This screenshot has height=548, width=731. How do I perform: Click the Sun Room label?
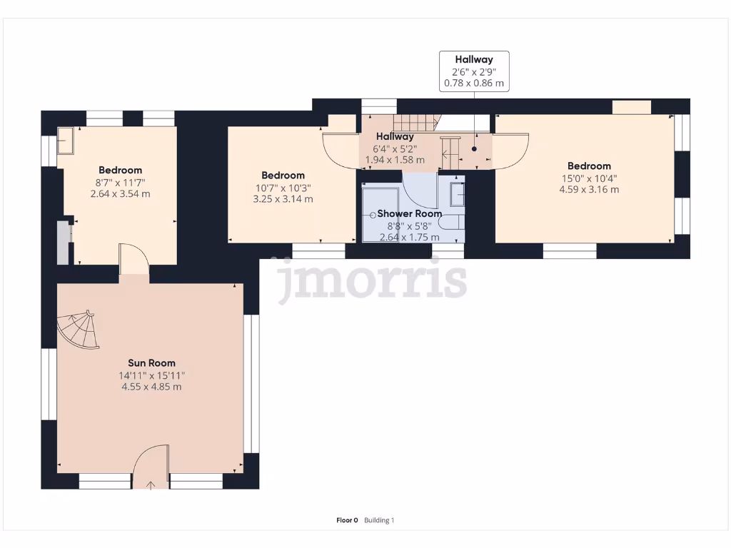click(151, 362)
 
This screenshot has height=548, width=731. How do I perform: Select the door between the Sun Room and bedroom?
click(133, 259)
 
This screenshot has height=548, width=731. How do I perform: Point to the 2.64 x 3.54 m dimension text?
click(120, 193)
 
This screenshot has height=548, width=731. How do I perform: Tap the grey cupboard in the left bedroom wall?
click(63, 243)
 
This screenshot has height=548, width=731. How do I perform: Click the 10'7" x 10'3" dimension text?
click(283, 188)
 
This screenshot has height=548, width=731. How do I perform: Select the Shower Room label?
click(410, 213)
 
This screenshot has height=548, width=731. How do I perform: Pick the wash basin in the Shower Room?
click(457, 193)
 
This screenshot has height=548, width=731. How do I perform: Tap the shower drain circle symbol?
click(373, 214)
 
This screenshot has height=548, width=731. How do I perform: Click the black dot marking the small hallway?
click(473, 150)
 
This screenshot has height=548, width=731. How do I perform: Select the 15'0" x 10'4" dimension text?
click(589, 178)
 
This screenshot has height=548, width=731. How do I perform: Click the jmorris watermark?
click(372, 279)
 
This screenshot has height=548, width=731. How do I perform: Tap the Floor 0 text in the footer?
click(347, 520)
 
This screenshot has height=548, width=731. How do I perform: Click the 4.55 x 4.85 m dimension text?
click(151, 387)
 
